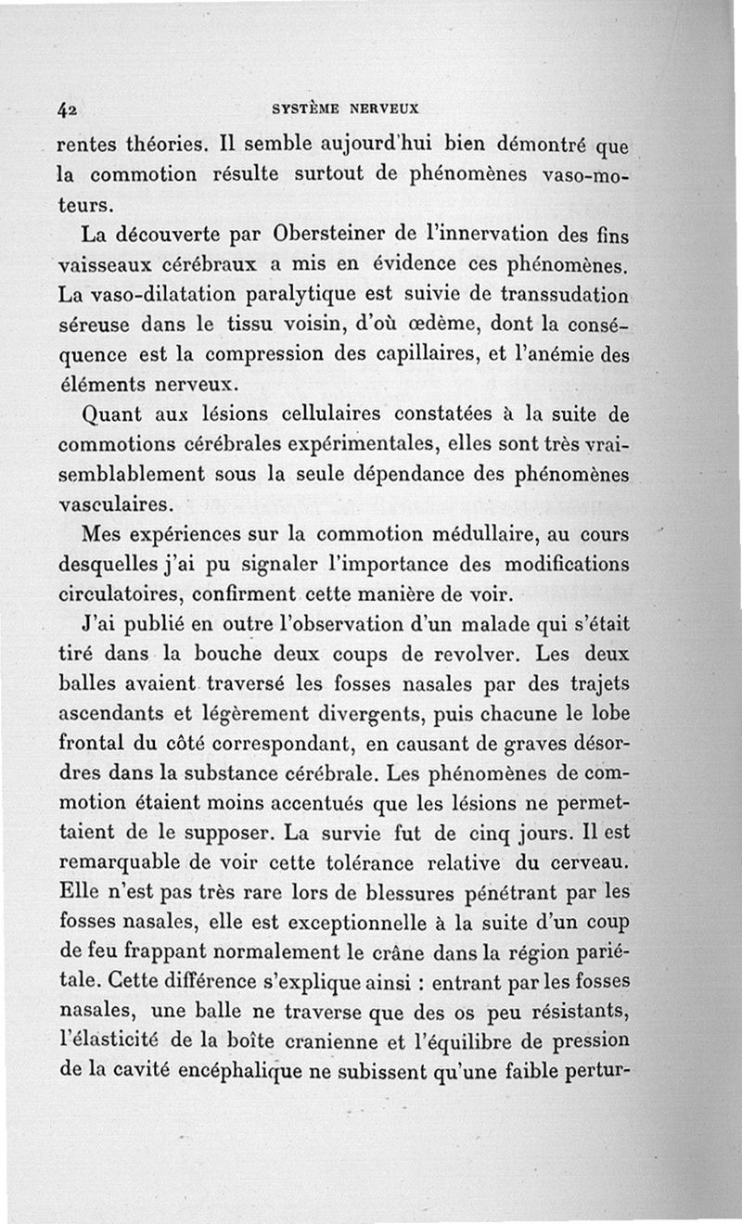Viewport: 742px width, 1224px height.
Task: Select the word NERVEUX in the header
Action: click(384, 108)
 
